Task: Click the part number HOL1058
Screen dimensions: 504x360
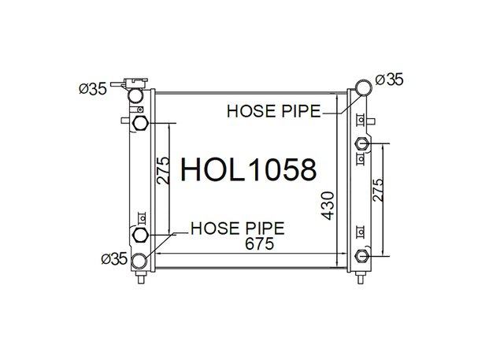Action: (x=249, y=169)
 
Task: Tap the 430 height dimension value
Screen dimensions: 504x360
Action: (x=328, y=206)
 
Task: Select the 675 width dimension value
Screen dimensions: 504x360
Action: (x=259, y=243)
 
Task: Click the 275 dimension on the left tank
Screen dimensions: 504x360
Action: (x=163, y=170)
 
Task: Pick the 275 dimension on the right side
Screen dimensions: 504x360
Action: (x=378, y=190)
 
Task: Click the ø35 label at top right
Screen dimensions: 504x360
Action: (x=389, y=80)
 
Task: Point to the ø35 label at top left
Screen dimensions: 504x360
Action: (x=93, y=89)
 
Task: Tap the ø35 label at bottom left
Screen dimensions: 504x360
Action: (x=114, y=258)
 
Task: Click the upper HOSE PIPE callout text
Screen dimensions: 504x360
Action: (x=274, y=111)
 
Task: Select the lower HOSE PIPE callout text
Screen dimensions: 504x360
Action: (x=238, y=228)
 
